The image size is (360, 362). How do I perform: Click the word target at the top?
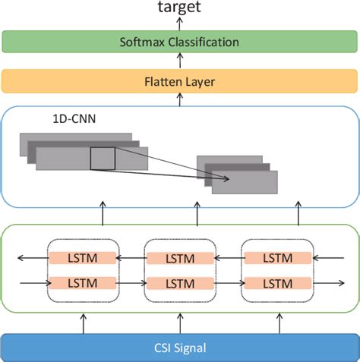point(179,9)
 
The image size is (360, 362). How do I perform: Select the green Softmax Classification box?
point(179,42)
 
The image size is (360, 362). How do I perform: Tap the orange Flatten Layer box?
point(179,80)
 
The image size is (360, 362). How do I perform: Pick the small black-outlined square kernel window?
point(103,158)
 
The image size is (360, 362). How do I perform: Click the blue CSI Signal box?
point(179,348)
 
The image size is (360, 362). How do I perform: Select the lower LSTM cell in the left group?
point(82,283)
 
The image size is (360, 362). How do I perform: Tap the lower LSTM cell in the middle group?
point(179,283)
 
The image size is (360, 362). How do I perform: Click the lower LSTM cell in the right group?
point(276,283)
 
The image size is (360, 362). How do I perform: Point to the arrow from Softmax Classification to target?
point(180,24)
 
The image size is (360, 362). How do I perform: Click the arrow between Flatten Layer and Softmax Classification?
point(180,61)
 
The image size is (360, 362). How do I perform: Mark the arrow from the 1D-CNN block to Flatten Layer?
point(180,99)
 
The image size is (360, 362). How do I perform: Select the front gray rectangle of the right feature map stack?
point(245,182)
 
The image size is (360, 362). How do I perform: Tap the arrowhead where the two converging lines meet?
point(227,179)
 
